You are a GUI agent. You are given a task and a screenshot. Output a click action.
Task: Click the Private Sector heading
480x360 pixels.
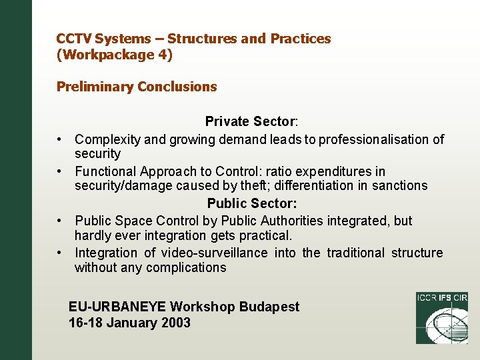tap(251, 121)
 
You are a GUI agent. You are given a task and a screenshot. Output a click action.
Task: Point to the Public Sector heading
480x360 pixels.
tap(252, 203)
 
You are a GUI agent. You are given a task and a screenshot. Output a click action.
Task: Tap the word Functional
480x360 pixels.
tap(104, 171)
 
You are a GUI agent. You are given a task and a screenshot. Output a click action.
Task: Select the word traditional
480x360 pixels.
tap(353, 253)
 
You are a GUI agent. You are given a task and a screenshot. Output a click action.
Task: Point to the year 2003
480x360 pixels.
tap(173, 323)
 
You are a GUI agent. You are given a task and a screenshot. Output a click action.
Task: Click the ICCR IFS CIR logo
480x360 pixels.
tap(441, 317)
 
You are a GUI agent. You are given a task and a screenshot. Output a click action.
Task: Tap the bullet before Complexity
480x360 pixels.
tap(60, 139)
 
